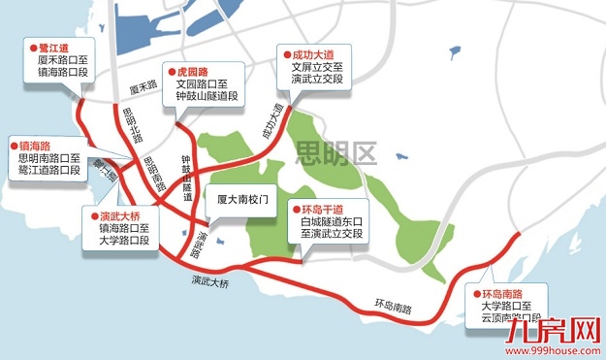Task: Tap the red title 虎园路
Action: tap(192, 72)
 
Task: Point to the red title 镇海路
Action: tap(32, 145)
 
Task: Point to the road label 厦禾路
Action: tap(143, 87)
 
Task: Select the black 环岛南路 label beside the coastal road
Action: tap(393, 308)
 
